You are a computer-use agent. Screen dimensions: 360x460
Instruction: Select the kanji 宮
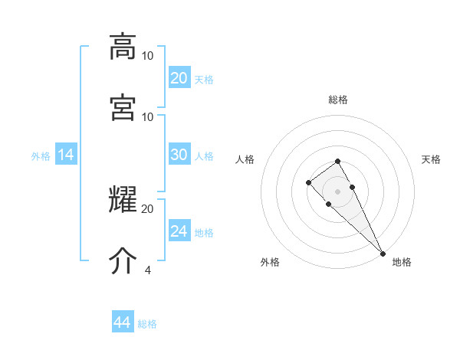[123, 107]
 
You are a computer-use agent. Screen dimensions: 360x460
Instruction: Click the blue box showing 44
[122, 322]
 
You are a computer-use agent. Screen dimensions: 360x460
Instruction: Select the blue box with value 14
[66, 155]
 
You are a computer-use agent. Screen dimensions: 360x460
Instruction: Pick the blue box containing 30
[179, 155]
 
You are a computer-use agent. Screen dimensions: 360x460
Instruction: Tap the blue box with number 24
[179, 231]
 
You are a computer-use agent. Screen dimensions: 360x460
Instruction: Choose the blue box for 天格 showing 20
[179, 78]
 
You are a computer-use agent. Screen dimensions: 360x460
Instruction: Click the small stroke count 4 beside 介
[147, 270]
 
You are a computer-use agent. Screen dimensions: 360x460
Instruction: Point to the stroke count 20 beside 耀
[148, 208]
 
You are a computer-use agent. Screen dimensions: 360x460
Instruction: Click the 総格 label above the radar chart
[338, 100]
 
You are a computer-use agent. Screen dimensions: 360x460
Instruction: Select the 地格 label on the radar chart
[402, 262]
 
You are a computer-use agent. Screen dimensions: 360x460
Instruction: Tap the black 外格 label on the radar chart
[270, 262]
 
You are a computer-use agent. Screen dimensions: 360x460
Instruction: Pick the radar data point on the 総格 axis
[337, 161]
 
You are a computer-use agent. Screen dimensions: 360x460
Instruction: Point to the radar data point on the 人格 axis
[308, 182]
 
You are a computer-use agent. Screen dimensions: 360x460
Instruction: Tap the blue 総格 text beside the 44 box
[147, 324]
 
